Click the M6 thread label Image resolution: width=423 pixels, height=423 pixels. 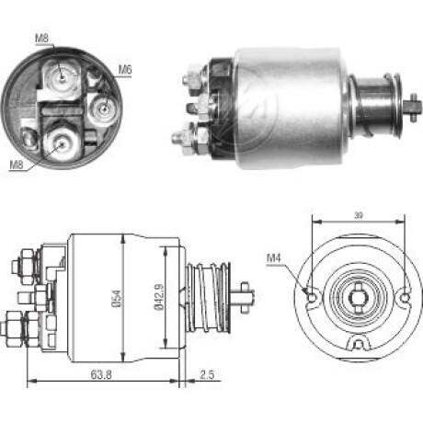(x=125, y=70)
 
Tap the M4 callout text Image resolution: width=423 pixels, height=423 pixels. (x=274, y=258)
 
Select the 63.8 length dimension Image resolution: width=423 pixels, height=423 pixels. (x=101, y=374)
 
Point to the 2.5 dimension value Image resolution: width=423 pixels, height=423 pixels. (x=207, y=374)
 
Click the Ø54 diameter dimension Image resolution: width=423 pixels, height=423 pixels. (x=117, y=298)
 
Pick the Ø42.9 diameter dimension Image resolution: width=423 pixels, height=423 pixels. (x=159, y=298)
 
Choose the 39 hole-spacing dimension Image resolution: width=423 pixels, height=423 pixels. (x=359, y=215)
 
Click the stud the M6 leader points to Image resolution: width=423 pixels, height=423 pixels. (x=104, y=109)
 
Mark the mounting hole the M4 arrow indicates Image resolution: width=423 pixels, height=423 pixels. (x=312, y=297)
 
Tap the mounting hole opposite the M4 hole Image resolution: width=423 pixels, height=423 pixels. (x=406, y=297)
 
